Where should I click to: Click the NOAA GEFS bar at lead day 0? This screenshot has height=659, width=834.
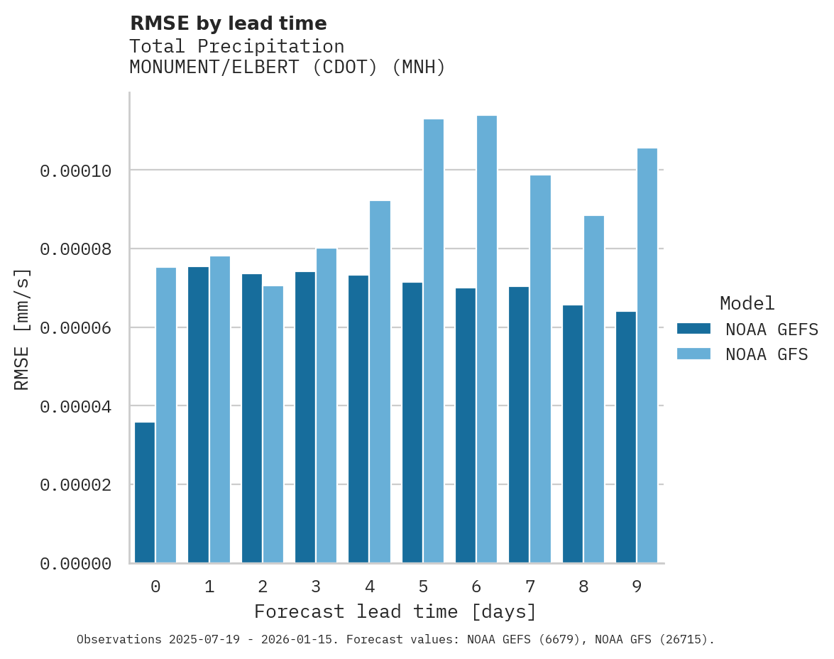145,492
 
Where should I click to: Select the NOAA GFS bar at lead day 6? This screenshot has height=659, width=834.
487,339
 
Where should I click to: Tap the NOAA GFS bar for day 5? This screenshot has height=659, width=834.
433,341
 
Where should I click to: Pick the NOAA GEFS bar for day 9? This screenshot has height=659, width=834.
626,437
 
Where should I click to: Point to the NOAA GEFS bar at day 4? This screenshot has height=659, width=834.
358,419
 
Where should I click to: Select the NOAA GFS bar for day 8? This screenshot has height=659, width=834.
594,389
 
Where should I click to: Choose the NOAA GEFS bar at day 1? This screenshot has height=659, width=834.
198,415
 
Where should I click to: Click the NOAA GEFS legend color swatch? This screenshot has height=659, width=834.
693,328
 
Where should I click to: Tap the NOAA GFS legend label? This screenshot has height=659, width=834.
766,354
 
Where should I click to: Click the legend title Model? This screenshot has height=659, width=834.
747,303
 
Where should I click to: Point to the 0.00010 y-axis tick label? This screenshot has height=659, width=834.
75,171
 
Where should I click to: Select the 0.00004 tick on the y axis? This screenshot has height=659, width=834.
75,407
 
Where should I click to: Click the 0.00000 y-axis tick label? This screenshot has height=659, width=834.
75,564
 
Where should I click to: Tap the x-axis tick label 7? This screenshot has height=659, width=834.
530,587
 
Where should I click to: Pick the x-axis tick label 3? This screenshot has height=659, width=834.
316,587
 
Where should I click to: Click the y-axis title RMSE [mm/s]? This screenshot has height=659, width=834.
22,329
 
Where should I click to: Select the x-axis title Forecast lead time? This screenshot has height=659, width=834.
395,611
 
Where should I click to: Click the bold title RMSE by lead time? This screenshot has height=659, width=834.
228,23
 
